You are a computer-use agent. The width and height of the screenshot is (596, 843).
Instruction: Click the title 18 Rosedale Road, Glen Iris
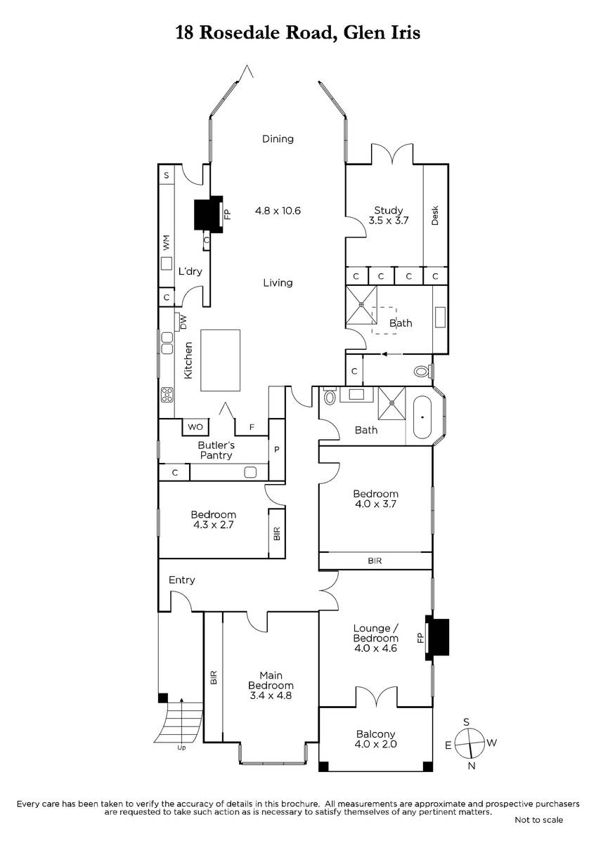tap(298, 33)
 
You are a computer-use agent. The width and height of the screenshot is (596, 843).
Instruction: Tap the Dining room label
tap(278, 139)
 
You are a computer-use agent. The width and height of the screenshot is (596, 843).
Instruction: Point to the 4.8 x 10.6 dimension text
tap(278, 210)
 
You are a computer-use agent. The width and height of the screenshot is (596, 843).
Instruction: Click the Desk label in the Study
tap(435, 215)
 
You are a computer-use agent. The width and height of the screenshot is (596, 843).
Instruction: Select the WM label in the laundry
tap(166, 243)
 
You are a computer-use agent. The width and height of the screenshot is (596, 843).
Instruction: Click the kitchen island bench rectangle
tap(220, 360)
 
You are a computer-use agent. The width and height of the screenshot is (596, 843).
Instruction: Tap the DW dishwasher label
tap(183, 322)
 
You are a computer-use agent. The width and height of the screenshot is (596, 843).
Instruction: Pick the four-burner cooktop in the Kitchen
tap(167, 394)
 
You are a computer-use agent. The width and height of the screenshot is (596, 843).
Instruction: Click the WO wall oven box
tap(195, 427)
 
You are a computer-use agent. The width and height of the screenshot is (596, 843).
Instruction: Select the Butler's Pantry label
tap(216, 450)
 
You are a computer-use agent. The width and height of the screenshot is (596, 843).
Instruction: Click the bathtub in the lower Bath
tap(422, 417)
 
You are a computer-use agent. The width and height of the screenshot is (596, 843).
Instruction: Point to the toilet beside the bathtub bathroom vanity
tap(330, 396)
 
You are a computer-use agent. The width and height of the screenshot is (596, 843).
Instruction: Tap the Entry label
tap(182, 580)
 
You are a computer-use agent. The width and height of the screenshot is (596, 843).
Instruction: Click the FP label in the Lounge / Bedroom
tap(420, 638)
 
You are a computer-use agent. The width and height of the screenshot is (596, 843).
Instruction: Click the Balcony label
tap(376, 733)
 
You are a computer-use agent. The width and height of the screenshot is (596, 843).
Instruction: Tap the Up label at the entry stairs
tap(181, 747)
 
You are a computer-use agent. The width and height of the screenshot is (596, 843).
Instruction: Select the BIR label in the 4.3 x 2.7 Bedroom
tap(277, 534)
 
